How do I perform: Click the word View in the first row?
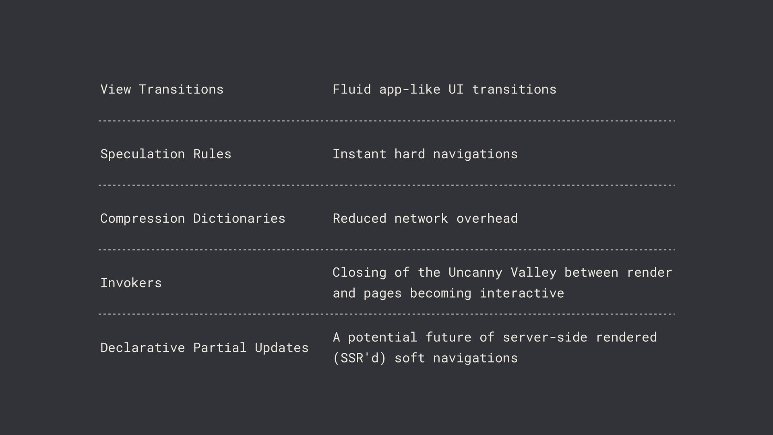point(116,89)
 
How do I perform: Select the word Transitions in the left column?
point(181,89)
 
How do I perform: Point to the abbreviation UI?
point(456,89)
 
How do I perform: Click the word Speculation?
point(143,154)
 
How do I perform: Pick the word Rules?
point(212,154)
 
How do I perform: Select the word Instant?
point(359,154)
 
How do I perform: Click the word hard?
point(409,154)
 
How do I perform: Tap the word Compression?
point(143,218)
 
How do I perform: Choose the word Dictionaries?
point(239,218)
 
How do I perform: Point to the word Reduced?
point(359,218)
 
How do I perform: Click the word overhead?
point(487,218)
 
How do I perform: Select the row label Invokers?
point(131,283)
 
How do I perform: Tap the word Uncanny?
point(475,272)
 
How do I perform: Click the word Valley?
point(533,272)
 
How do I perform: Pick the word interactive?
point(522,293)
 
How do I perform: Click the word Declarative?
point(143,348)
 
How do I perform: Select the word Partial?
point(220,348)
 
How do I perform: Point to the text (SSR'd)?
point(359,358)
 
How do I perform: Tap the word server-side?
point(545,337)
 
